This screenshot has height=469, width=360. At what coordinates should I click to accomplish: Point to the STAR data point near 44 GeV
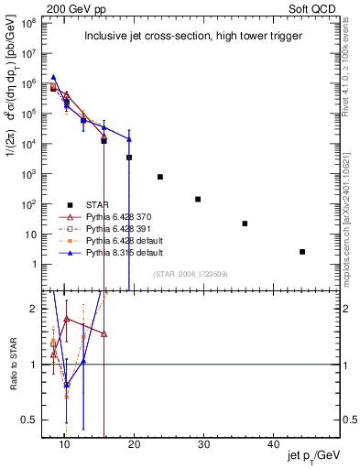[302, 252]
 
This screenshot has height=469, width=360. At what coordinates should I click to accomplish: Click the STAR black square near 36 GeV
[245, 224]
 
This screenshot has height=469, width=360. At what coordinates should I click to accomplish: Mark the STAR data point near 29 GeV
[198, 199]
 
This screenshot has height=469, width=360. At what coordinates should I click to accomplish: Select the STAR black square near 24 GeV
[160, 177]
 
